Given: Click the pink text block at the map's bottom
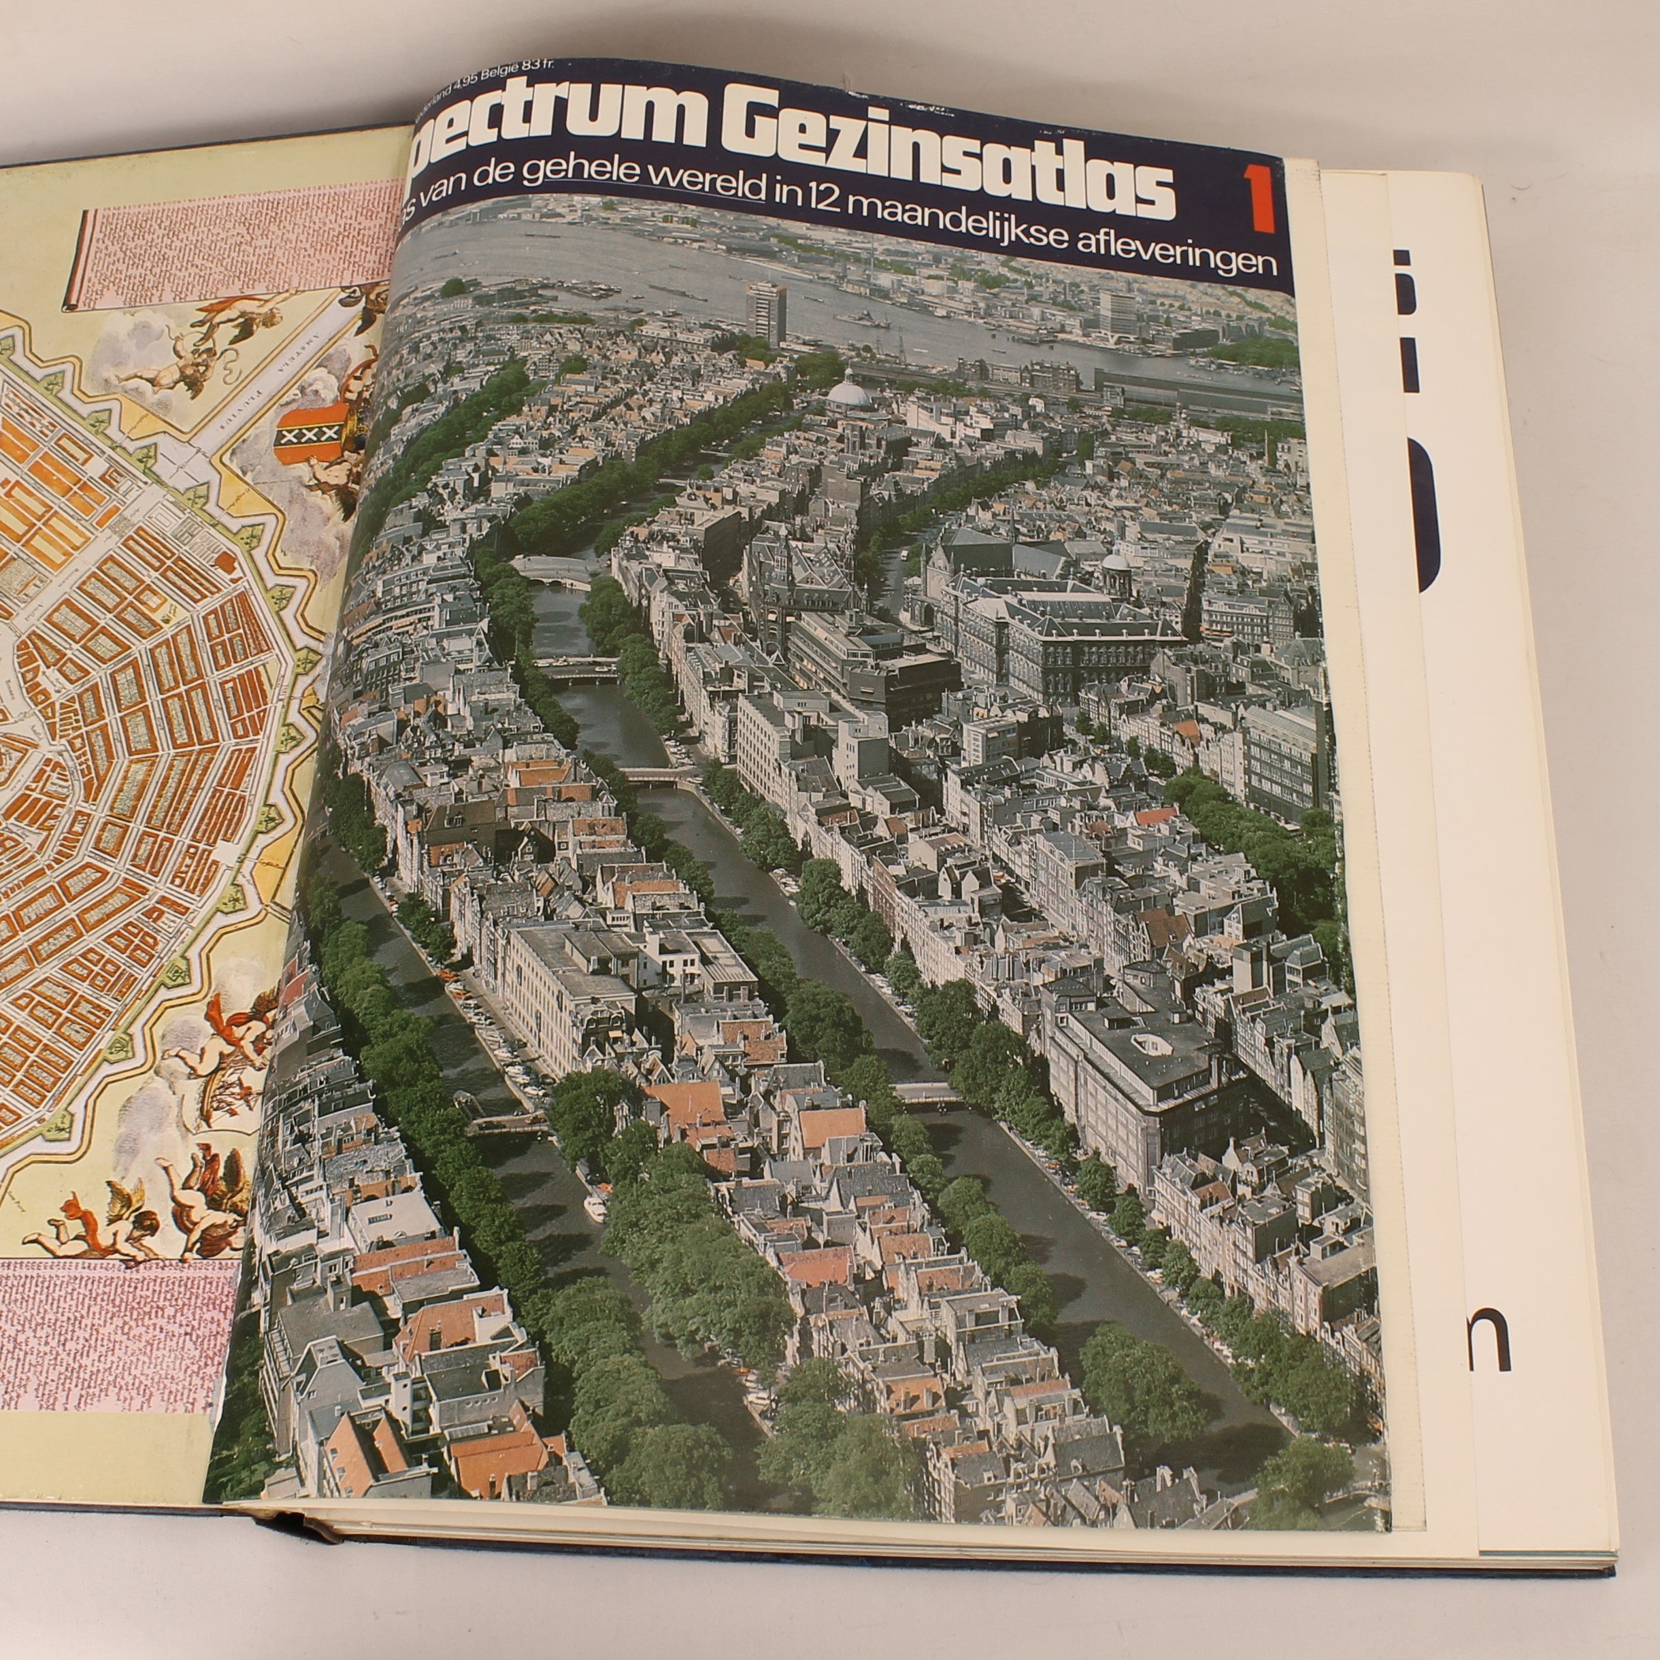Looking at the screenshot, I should pyautogui.click(x=112, y=1350).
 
